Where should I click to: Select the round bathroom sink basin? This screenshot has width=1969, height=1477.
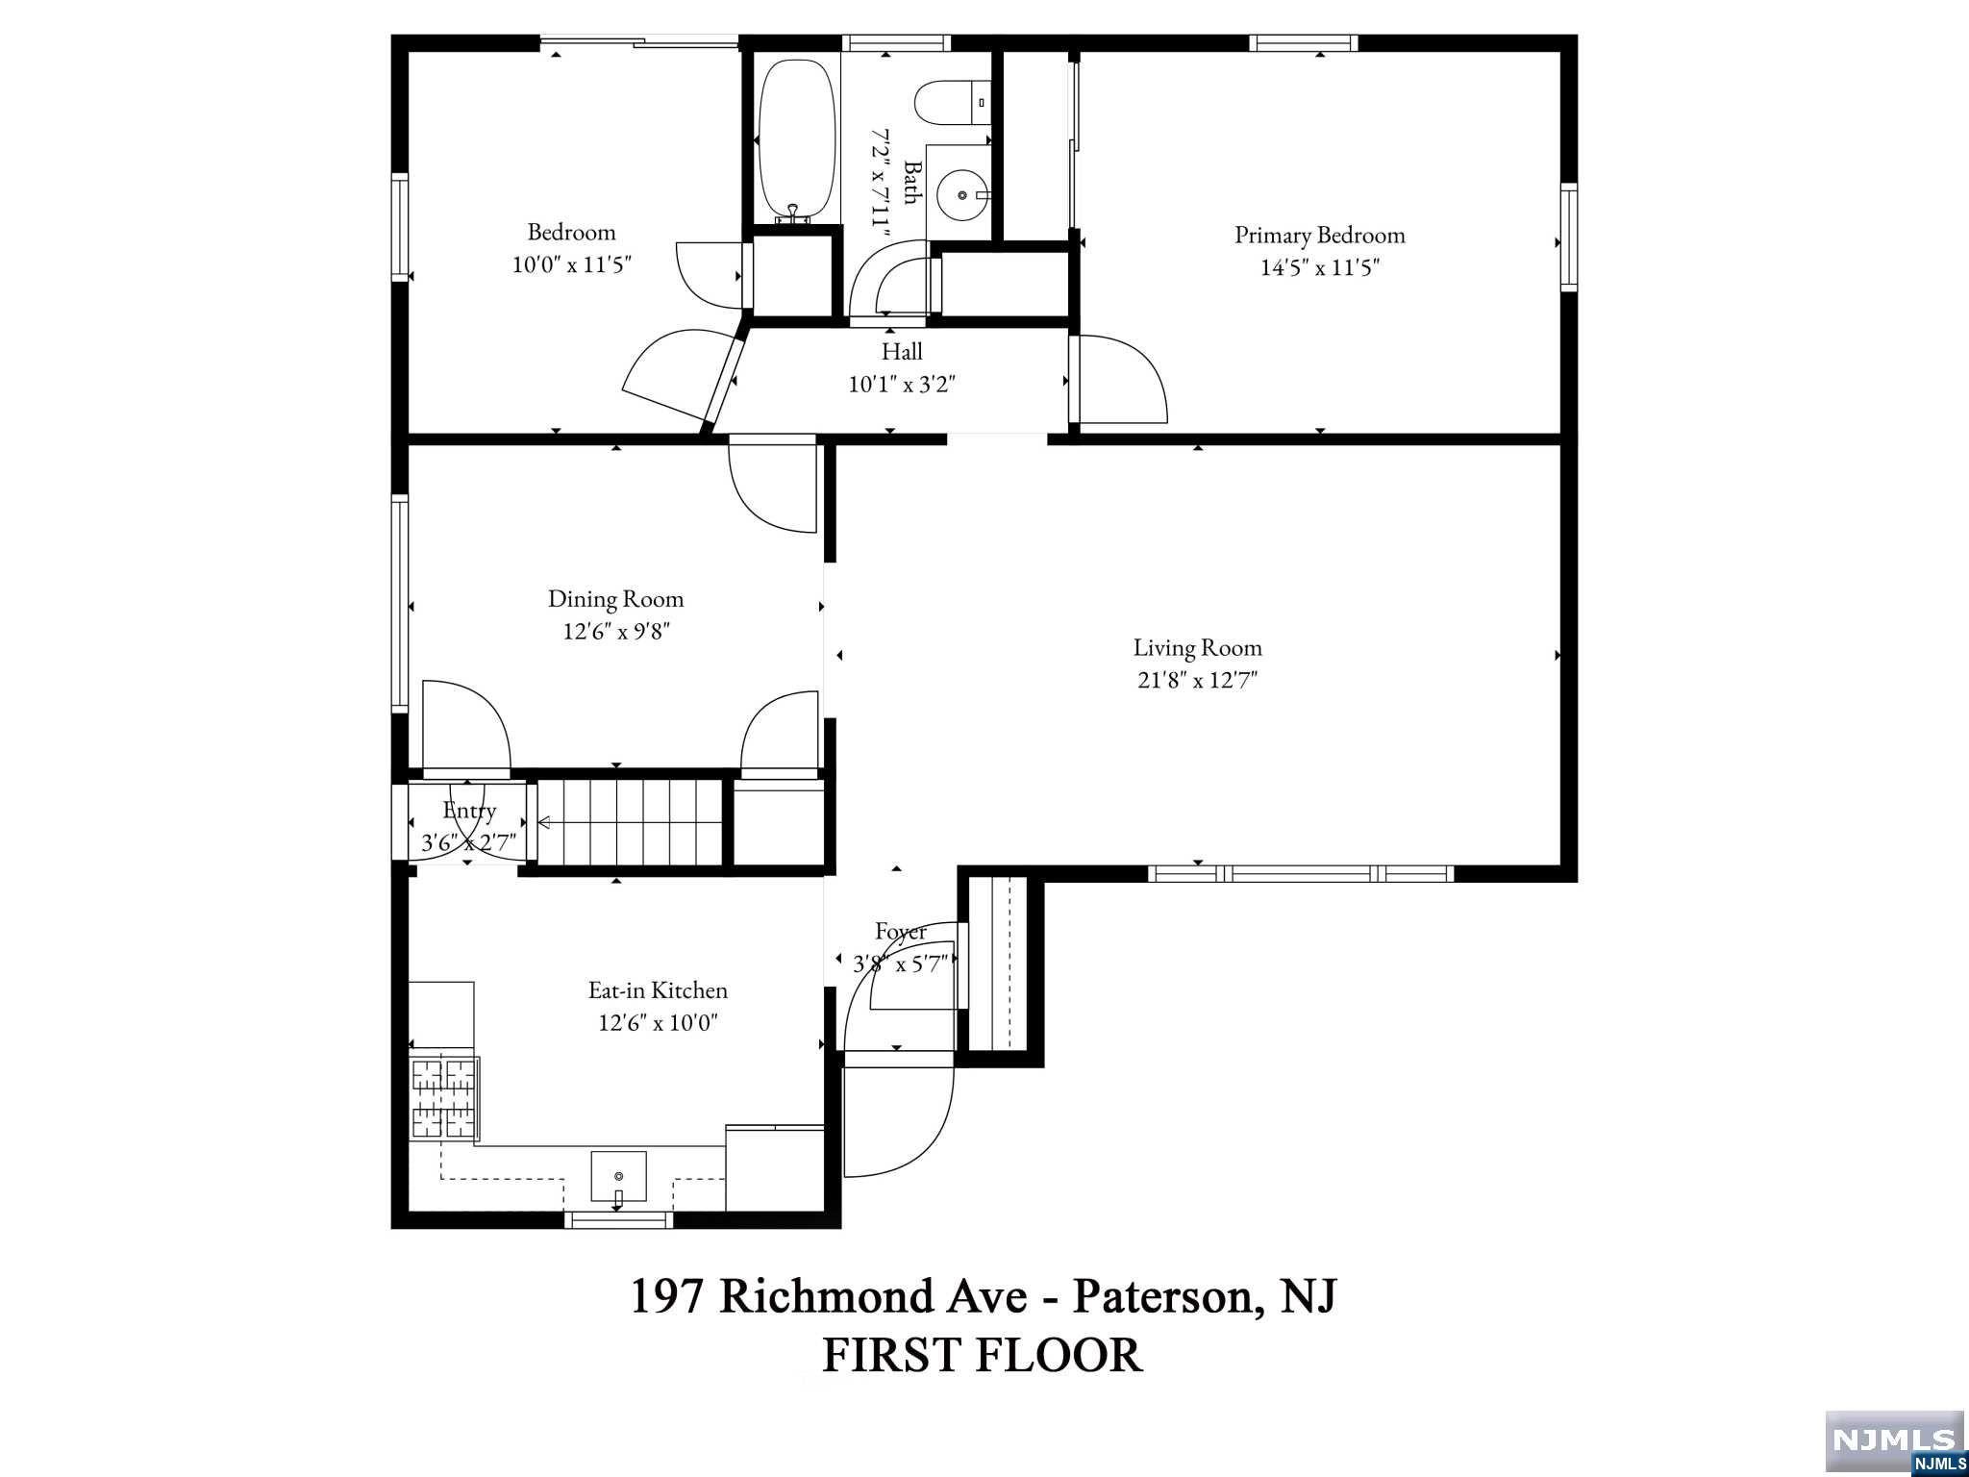[x=962, y=195]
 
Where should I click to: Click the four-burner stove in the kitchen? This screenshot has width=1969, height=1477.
[x=444, y=1098]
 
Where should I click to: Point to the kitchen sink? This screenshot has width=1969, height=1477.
[x=618, y=1177]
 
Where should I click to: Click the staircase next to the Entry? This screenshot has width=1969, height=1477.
[x=629, y=822]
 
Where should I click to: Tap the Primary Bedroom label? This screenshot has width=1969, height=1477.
[x=1319, y=236]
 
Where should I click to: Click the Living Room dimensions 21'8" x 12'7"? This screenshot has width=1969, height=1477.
[x=1197, y=681]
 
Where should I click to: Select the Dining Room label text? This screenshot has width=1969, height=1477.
[x=615, y=599]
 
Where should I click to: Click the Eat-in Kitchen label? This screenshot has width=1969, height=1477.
[x=658, y=990]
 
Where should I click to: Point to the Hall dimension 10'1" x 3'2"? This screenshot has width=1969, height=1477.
[x=902, y=385]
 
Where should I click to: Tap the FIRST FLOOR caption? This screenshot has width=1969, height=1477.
[x=983, y=1355]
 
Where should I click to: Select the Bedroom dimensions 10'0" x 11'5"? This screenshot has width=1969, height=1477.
[x=571, y=264]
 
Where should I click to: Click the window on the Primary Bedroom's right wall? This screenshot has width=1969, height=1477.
[x=1568, y=238]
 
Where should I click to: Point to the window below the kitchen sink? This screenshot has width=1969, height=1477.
[x=618, y=1219]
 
